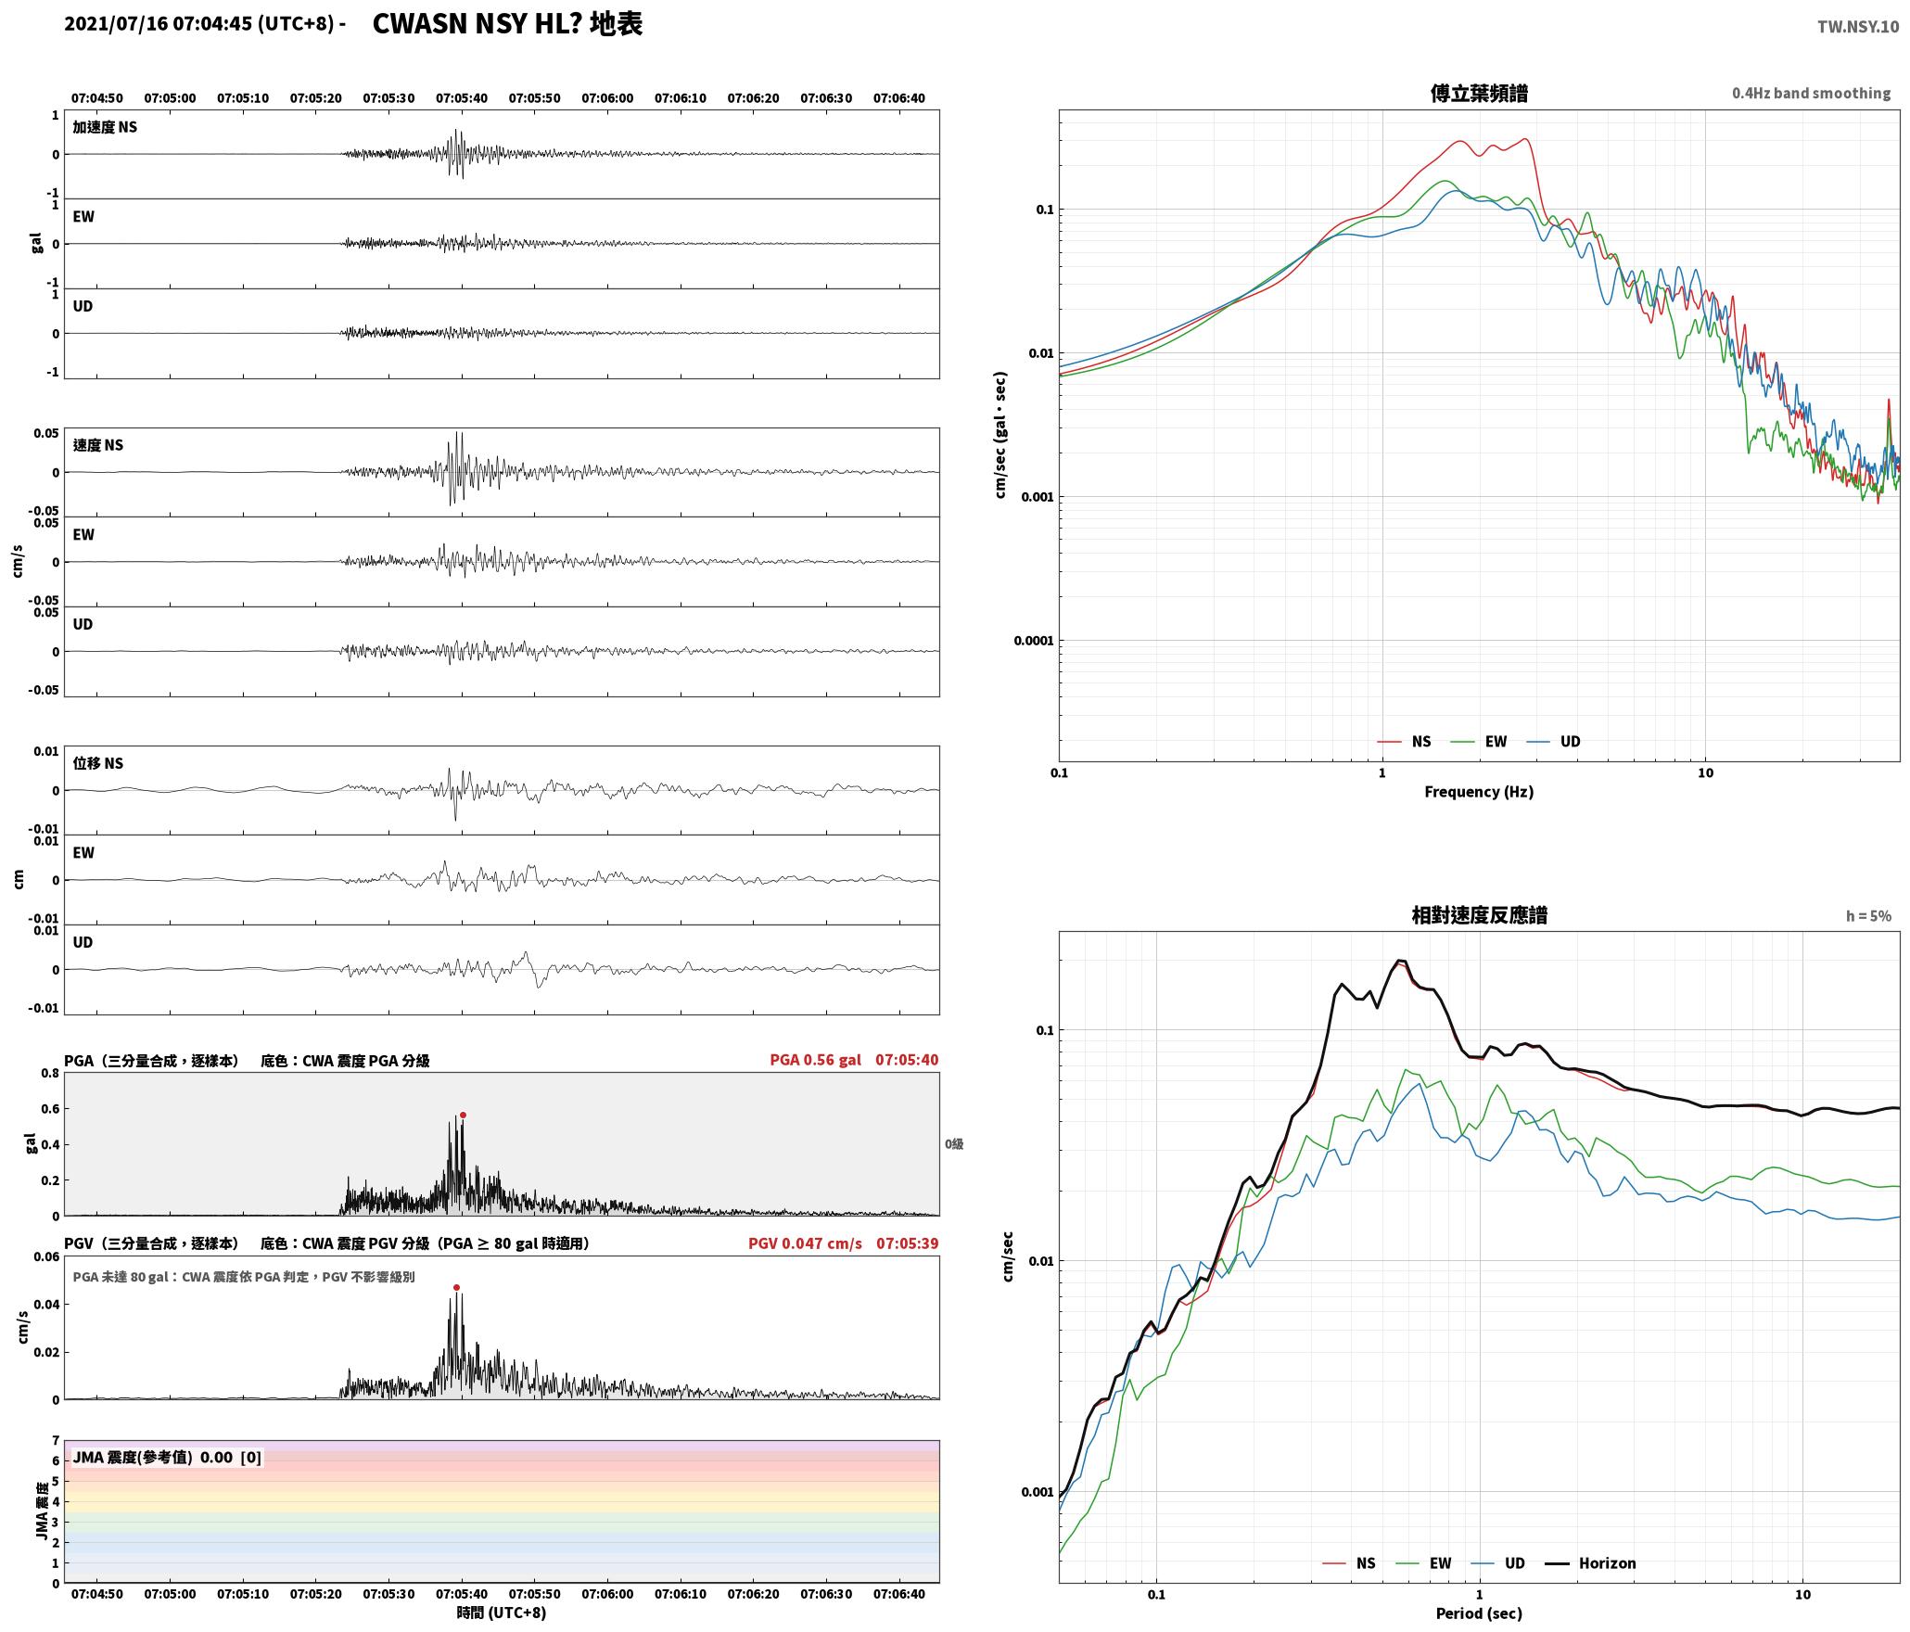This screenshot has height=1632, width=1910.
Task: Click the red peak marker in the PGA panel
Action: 463,1116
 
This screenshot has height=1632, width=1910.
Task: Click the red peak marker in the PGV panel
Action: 456,1287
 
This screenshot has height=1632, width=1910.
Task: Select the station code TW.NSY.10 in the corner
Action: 1857,27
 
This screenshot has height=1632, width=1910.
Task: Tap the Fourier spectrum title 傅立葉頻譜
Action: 1479,93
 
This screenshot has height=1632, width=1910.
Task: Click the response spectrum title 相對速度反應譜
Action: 1479,915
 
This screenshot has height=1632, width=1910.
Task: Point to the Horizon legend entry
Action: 1590,1563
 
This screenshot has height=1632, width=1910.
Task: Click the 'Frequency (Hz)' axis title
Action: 1479,792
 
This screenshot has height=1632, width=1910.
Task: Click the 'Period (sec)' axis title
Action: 1479,1613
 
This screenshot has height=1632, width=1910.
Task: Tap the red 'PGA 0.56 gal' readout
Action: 815,1060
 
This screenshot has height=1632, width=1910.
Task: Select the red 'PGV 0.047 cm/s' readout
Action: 805,1243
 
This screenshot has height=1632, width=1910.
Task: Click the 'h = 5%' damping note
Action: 1868,916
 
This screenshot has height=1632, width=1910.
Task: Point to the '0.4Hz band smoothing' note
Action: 1811,94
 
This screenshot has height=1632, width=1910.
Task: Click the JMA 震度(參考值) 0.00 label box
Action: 167,1458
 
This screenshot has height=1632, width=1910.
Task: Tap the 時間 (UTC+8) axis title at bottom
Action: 502,1613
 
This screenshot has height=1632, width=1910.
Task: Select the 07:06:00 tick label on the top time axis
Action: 607,98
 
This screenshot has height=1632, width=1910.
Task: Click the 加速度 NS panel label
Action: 105,127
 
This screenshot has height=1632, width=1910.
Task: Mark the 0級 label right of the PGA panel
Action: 954,1144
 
